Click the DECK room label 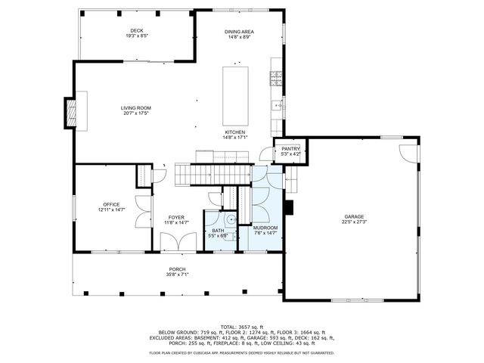pos(137,30)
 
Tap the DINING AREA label pos(239,32)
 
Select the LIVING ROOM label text pos(136,108)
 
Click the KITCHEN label pos(234,132)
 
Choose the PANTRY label pos(291,149)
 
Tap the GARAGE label pos(354,217)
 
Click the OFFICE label pos(111,204)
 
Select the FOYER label pos(176,217)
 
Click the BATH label pos(218,231)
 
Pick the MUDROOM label pos(265,228)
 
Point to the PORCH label pos(177,269)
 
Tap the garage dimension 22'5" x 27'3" pos(354,222)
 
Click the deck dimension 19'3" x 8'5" pos(137,36)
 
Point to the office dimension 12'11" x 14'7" pos(111,209)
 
